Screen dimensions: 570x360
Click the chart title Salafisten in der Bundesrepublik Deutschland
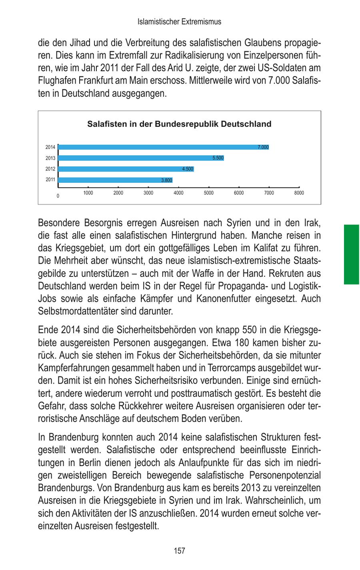coord(179,124)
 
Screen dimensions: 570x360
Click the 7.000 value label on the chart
coord(263,147)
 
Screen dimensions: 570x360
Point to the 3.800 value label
coord(166,180)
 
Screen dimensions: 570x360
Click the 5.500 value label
coord(218,158)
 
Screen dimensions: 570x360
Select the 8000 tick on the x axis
coord(299,193)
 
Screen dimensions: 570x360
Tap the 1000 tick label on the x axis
coord(88,193)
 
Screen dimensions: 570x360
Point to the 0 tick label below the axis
coord(58,196)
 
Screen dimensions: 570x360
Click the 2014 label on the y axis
coord(50,147)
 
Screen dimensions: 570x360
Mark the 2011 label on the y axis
coord(50,180)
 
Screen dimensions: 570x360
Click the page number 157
coord(180,551)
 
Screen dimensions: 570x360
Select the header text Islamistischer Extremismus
coord(179,22)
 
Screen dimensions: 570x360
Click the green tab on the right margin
coord(352,254)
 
